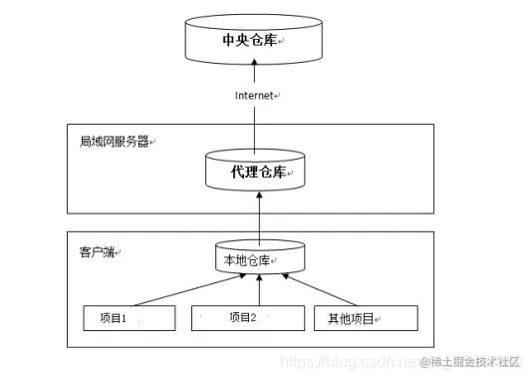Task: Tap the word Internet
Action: [255, 96]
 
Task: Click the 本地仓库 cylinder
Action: [258, 260]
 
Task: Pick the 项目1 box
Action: [129, 318]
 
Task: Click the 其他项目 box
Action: [366, 318]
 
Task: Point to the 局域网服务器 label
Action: [114, 142]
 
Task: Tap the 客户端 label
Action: [97, 248]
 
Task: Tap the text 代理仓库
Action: [257, 173]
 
